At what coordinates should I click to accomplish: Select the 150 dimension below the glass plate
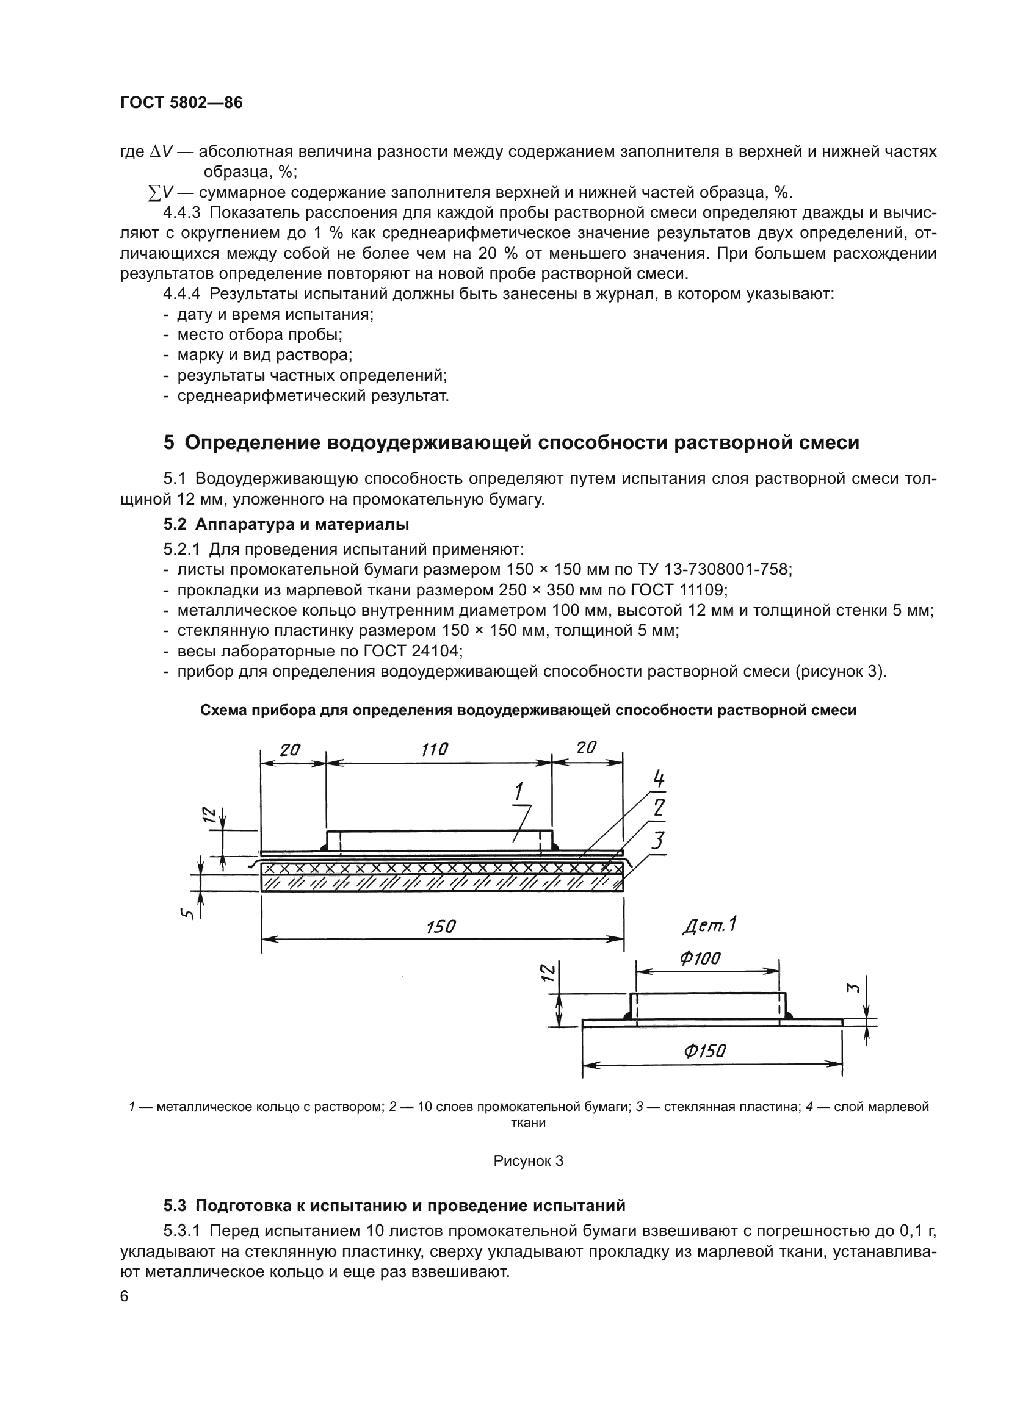coord(441,927)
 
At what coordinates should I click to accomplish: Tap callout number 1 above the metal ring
coord(518,792)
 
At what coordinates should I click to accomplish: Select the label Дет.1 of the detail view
coord(709,926)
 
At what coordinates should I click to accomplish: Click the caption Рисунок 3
coord(528,1160)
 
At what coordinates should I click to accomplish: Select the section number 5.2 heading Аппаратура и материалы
coord(286,524)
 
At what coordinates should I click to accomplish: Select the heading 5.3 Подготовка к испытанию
coord(394,1206)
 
